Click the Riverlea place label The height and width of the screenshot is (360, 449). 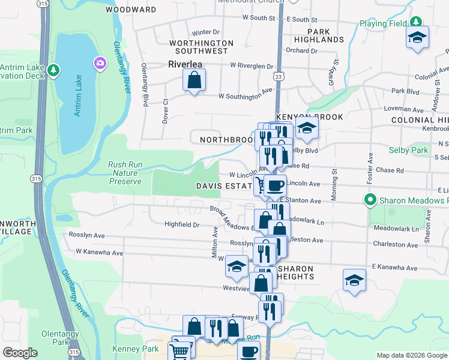coord(185,63)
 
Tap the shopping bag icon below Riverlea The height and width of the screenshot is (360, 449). coord(194,80)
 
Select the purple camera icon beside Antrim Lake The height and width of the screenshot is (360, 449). coord(99,62)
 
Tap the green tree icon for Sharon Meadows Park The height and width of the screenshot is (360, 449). coord(370,200)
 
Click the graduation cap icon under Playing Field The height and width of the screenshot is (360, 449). coord(417,38)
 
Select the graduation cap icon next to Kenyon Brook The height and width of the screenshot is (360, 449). coord(306,128)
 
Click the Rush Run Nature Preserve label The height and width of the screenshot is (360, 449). coord(125,173)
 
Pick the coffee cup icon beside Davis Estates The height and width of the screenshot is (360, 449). coord(276,186)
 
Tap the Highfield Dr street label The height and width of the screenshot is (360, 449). coord(181,225)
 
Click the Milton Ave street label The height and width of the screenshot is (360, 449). coord(214,242)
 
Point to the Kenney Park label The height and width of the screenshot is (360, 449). coord(135,349)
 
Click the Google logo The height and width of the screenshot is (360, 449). coord(20,353)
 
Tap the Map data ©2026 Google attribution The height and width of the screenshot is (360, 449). coord(411,355)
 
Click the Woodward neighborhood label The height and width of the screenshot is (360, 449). coord(131,10)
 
